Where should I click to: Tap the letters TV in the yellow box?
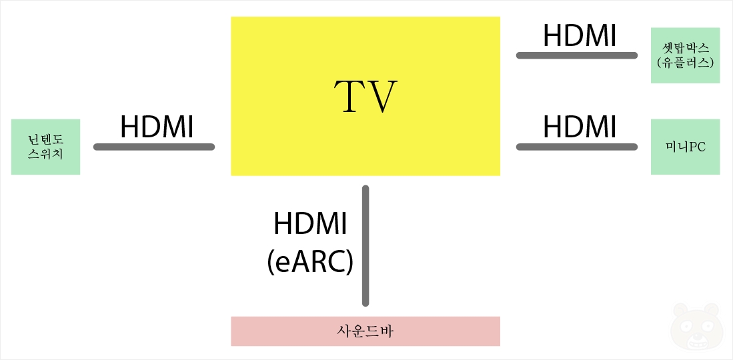(365, 97)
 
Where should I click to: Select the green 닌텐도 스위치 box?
(45, 147)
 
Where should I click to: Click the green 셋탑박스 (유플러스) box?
(685, 55)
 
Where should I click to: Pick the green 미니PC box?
(685, 147)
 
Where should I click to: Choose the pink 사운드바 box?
(365, 331)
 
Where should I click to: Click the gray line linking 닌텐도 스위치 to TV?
(154, 147)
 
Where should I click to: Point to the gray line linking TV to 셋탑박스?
(577, 55)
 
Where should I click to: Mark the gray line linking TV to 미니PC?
(577, 147)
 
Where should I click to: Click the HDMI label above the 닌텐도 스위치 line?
(157, 127)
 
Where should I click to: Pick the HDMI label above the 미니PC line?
(580, 127)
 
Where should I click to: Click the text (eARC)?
(309, 263)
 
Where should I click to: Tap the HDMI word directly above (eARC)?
(310, 225)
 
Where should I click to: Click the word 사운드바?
(365, 331)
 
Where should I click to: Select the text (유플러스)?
(686, 63)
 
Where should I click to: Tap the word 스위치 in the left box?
(45, 155)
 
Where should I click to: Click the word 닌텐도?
(45, 139)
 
